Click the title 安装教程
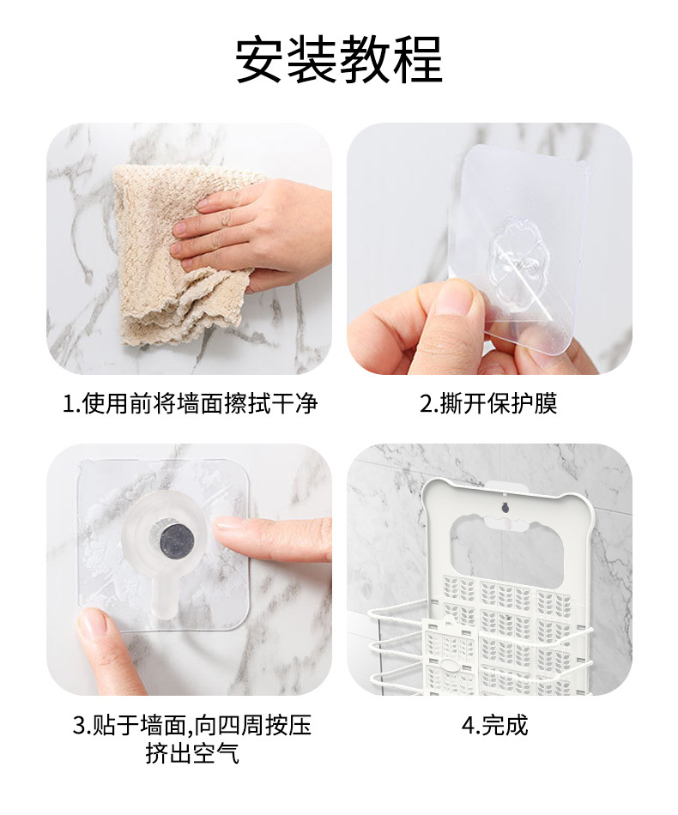coord(339,60)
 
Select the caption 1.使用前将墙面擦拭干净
coord(190,404)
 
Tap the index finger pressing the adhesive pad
coord(270,536)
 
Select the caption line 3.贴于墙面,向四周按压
coord(191,726)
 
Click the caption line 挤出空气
coord(191,754)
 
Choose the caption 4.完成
coord(494,726)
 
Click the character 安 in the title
coord(261,60)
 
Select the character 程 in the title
coord(418,60)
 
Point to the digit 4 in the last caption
coord(468,726)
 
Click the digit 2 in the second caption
coord(426,404)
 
